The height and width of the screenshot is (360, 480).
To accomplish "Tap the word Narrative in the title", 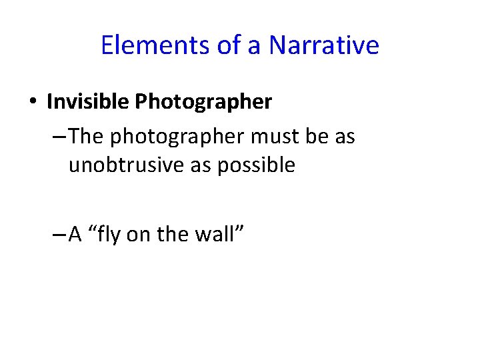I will tap(324, 45).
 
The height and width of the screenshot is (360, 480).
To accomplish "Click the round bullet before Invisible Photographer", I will tap(32, 103).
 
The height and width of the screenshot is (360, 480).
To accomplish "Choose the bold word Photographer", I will tap(203, 102).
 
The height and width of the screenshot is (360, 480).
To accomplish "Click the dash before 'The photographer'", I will tap(58, 137).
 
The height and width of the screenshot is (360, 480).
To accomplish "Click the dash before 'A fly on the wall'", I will tap(58, 235).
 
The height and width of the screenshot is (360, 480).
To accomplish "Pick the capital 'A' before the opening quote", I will tap(75, 235).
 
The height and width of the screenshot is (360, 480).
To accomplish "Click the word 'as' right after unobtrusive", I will tap(201, 165).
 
